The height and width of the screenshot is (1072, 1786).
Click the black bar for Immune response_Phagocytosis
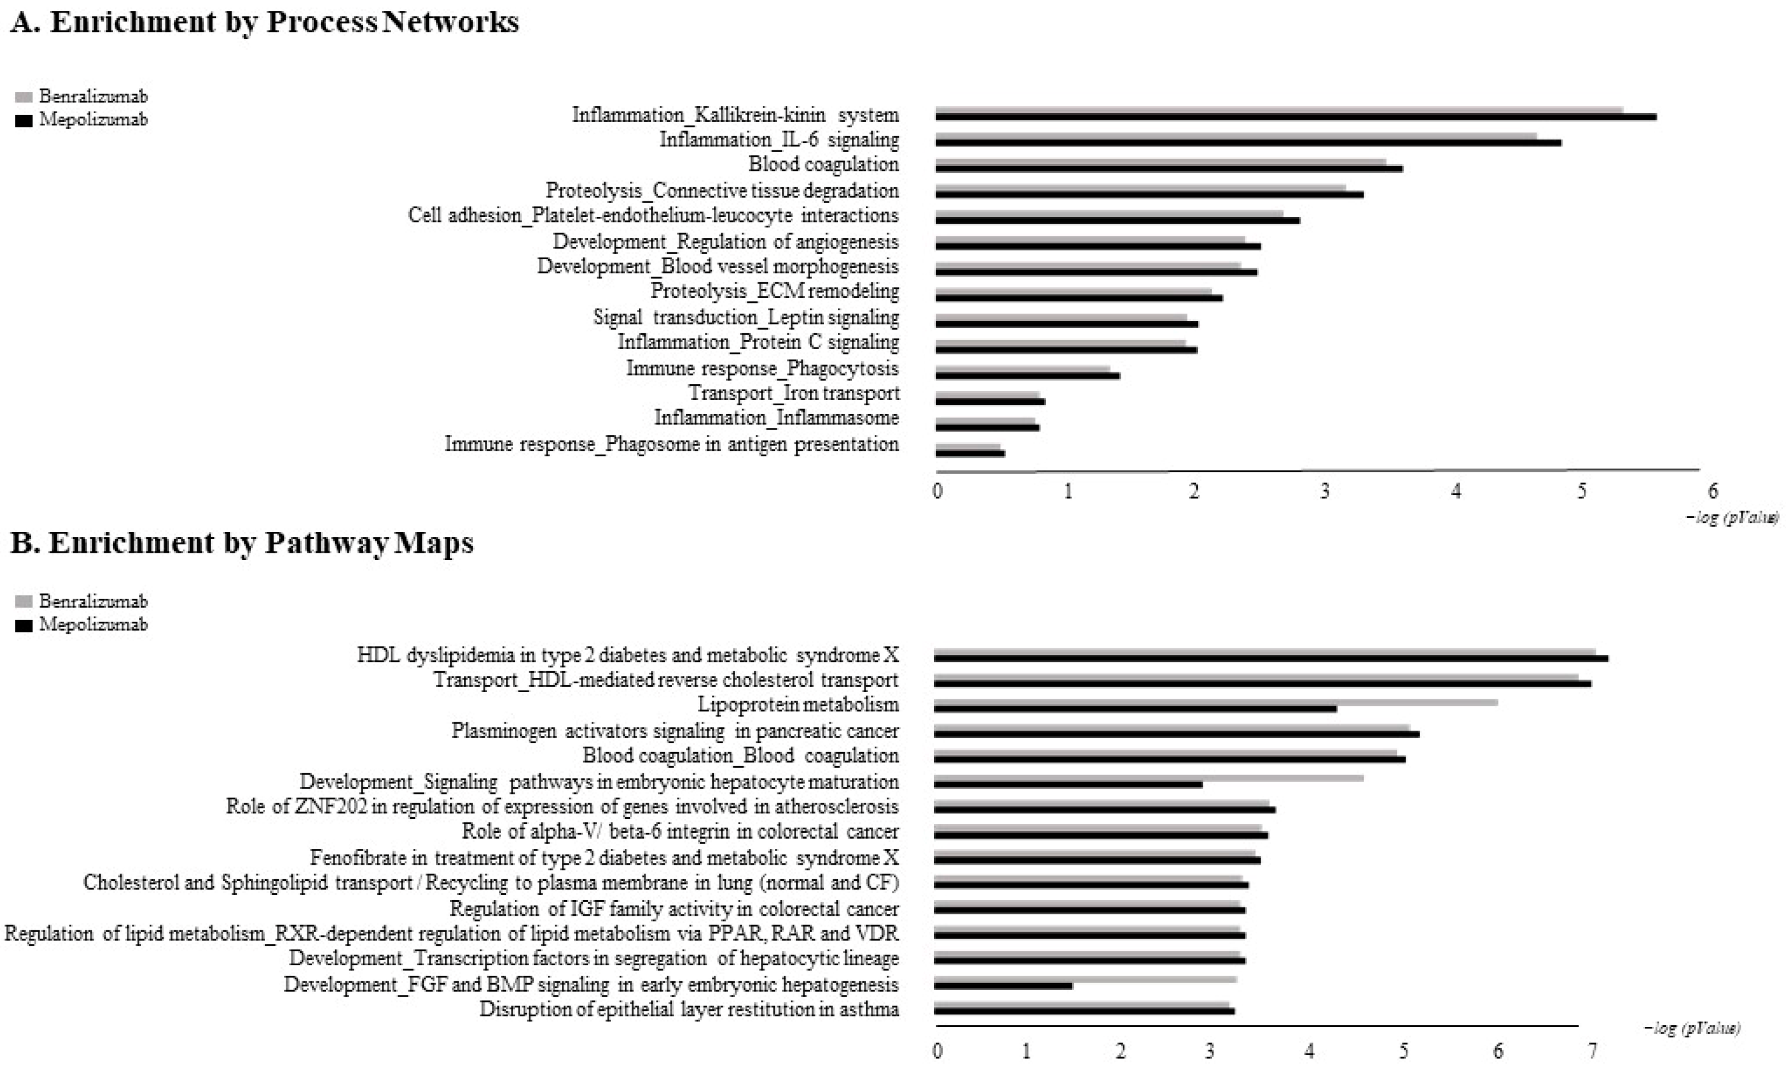(1027, 376)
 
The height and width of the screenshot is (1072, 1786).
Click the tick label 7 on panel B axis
(1592, 1051)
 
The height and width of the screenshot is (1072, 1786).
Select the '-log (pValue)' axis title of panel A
(1732, 518)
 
